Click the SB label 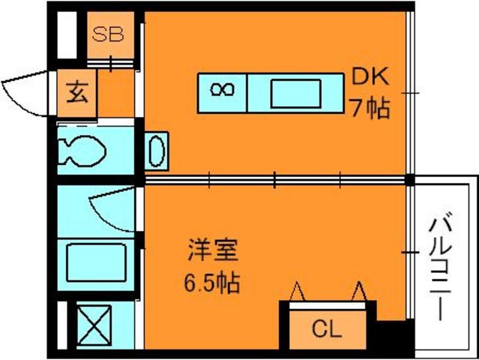coord(108,34)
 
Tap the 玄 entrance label coord(77,93)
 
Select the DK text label coord(370,76)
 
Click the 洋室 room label coord(213,250)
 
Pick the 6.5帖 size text coord(211,283)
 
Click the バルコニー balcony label coord(440,268)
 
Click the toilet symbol coord(82,151)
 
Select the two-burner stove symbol coord(223,89)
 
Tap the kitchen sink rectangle coord(295,94)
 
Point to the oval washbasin coord(157,151)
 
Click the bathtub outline coord(96,262)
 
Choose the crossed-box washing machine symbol coord(94,325)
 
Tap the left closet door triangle coord(298,291)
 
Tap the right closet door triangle coord(359,291)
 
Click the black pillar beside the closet coord(395,335)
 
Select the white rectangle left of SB coord(67,34)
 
